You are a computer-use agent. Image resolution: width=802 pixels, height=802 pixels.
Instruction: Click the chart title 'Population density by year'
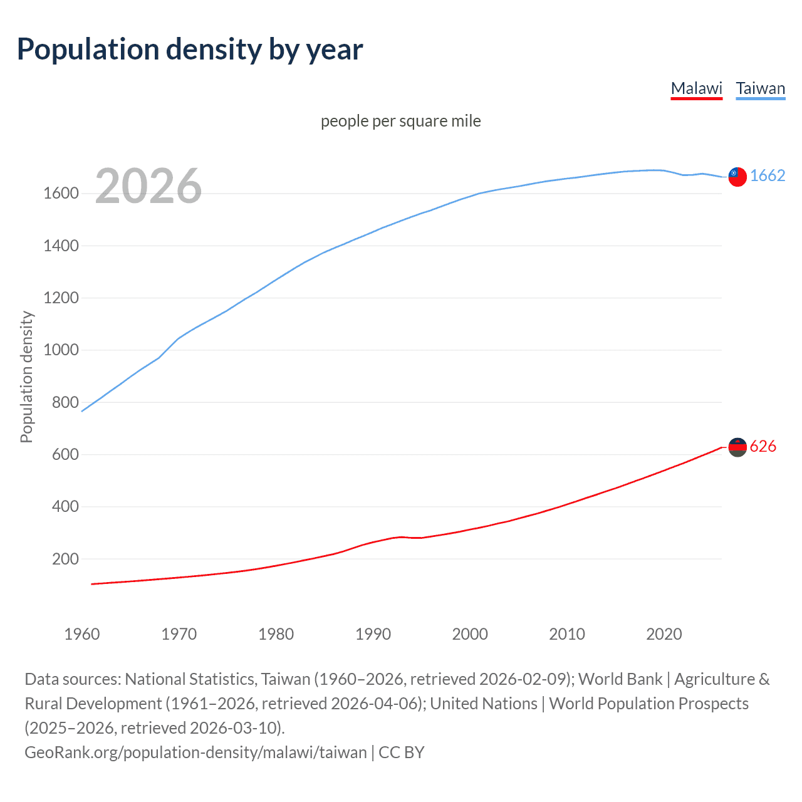pos(190,49)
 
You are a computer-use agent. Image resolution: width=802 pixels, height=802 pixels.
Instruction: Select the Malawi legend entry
pos(696,88)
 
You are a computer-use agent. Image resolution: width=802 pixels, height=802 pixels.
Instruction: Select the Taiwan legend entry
pos(760,88)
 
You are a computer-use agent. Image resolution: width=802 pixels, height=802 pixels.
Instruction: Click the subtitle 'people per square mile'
pos(400,121)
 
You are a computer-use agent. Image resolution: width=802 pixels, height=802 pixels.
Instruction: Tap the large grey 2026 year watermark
pos(148,186)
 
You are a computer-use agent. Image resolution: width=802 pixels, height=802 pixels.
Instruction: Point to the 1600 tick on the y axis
pos(61,194)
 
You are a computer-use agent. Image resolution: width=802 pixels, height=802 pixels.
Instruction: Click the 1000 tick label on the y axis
pos(61,350)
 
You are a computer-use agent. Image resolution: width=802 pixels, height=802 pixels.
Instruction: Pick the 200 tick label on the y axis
pos(65,559)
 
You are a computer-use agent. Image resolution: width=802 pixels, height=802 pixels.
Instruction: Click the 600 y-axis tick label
pos(65,454)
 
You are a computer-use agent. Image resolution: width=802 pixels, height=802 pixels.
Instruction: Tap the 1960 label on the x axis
pos(82,634)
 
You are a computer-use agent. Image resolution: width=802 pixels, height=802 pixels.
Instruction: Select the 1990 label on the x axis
pos(373,634)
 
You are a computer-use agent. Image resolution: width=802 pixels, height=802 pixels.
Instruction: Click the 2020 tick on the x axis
pos(664,634)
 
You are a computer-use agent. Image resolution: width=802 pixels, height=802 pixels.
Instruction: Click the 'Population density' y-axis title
pos(26,377)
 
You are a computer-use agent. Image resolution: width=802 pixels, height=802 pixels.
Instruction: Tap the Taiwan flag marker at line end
pos(737,177)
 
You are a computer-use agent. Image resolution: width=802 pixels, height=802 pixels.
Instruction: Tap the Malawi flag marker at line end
pos(737,447)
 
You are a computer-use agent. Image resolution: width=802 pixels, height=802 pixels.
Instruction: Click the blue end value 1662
pos(768,176)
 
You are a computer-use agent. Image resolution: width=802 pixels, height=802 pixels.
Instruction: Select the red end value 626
pos(763,447)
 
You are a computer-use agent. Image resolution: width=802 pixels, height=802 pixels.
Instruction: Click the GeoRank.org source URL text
pos(195,753)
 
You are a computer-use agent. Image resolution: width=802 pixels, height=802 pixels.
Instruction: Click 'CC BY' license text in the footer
pos(402,753)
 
